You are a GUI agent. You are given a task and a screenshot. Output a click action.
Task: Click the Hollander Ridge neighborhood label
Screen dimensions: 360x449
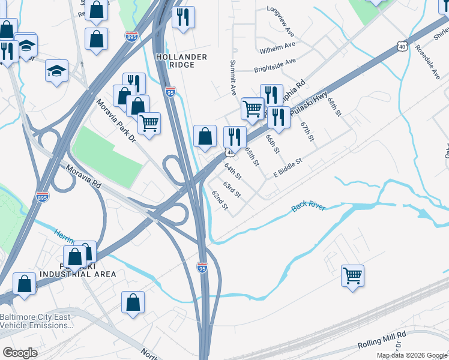[x=181, y=61]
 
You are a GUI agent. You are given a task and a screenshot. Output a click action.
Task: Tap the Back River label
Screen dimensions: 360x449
[x=309, y=206]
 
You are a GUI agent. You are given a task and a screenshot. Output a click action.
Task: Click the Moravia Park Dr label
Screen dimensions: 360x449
[x=116, y=121]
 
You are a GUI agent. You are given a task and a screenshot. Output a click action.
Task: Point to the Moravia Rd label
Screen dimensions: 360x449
[x=83, y=178]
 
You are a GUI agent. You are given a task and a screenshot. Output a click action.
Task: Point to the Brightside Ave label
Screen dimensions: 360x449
[x=275, y=62]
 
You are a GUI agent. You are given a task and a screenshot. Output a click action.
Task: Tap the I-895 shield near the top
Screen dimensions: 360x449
[x=131, y=37]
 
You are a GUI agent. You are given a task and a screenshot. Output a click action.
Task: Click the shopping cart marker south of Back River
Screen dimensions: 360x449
[x=352, y=276]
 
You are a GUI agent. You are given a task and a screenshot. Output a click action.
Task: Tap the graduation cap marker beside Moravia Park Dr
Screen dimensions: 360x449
[x=56, y=71]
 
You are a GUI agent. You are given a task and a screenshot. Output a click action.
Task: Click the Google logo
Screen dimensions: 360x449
[x=20, y=353]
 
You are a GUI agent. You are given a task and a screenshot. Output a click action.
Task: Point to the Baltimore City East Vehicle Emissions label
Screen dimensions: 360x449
[x=36, y=321]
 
